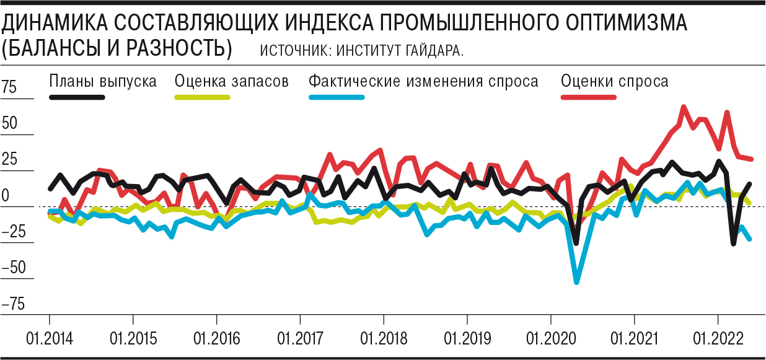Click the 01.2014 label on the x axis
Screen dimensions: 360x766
point(50,339)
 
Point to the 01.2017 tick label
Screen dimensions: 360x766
point(300,339)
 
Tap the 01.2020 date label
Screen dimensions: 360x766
point(550,339)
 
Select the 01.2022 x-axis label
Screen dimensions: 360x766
point(718,339)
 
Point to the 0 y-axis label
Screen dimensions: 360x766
point(6,196)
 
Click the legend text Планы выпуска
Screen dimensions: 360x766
point(103,81)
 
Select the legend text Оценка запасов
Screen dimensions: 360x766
point(232,81)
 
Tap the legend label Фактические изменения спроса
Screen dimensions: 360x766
point(423,81)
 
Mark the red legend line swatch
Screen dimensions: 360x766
point(588,97)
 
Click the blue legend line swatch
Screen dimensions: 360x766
point(335,97)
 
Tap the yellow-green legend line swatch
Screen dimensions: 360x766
point(202,97)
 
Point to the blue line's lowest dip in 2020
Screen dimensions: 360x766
point(577,282)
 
